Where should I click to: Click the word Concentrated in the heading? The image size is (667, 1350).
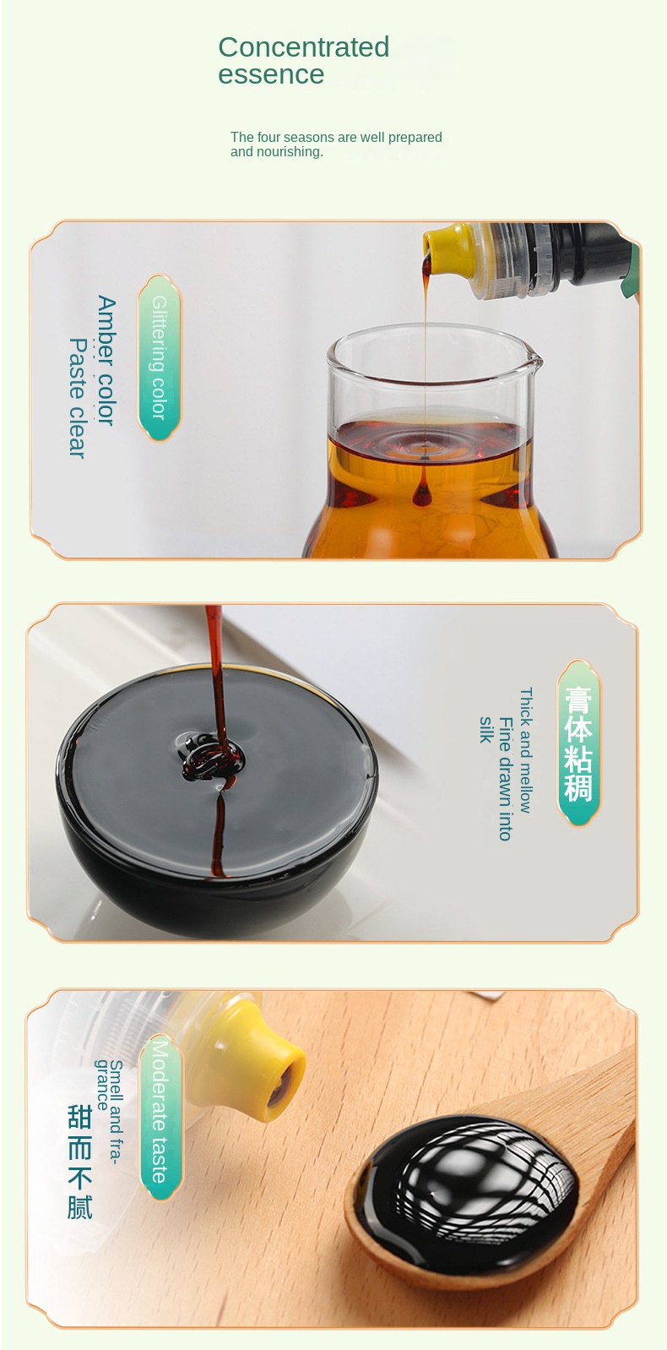303,46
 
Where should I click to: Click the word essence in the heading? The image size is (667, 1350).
270,74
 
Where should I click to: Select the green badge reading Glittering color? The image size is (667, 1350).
159,357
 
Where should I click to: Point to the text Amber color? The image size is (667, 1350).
106,360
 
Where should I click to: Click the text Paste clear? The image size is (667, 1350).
78,398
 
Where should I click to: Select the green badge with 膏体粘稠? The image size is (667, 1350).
578,743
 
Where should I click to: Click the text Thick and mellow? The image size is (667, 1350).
525,750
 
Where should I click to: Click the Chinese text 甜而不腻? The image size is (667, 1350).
79,1160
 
